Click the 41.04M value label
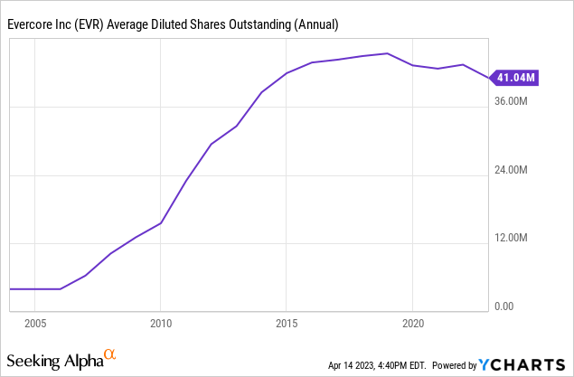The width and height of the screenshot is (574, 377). pos(516,79)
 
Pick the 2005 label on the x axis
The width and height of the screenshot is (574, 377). pos(35,323)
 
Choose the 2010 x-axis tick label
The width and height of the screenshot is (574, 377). pos(160,323)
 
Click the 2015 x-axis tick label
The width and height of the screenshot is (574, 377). pos(286,323)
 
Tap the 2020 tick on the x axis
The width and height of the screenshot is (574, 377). pos(412,323)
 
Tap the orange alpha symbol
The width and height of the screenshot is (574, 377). pos(109,354)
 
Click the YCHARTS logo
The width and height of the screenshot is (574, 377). pos(522,364)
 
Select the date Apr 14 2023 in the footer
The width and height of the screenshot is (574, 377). pos(356,365)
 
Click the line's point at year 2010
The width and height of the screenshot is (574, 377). pos(160,222)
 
